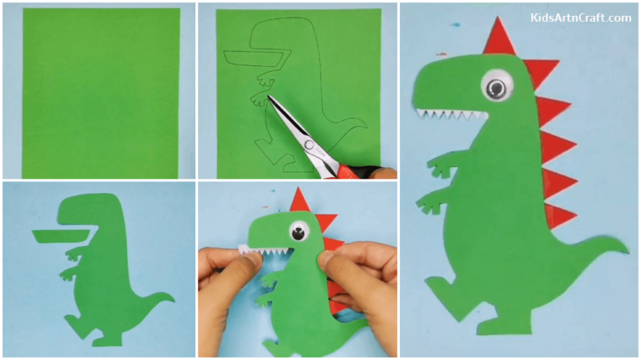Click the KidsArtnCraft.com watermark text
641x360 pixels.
580,17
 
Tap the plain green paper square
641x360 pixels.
100,92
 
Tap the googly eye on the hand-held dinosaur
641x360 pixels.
297,231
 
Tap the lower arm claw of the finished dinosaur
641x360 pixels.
427,200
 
